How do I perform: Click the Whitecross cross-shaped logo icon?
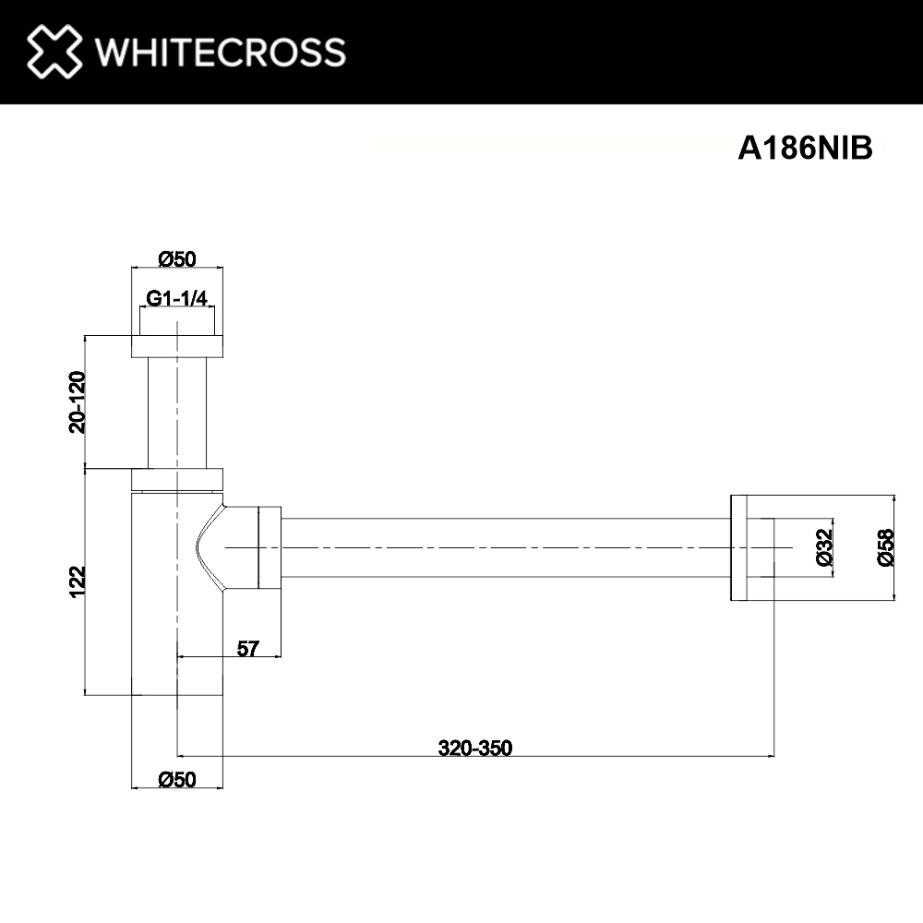click(x=54, y=51)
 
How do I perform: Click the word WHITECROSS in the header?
click(x=221, y=52)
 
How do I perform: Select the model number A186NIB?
click(x=805, y=148)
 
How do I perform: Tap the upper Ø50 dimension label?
click(x=177, y=258)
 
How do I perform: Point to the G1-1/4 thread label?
click(x=176, y=298)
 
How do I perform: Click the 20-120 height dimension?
click(x=78, y=402)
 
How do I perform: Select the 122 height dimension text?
click(x=78, y=581)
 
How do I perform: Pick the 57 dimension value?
click(x=247, y=648)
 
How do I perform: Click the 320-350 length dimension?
click(x=475, y=748)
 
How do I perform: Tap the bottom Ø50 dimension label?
click(x=177, y=779)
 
